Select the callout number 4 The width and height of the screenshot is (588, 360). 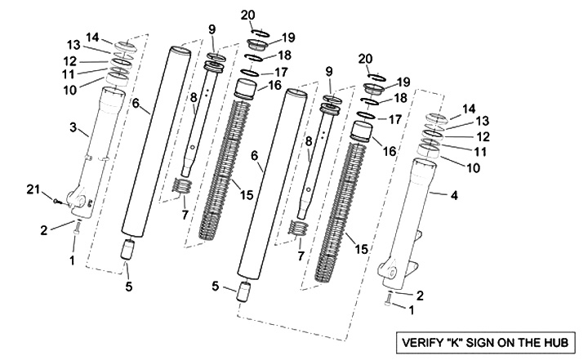(454, 195)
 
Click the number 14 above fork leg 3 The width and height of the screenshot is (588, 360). (93, 37)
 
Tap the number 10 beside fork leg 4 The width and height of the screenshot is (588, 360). (473, 167)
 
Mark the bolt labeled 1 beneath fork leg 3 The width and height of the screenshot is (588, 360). (76, 233)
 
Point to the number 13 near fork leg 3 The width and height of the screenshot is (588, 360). (73, 44)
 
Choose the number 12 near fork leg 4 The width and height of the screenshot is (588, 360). (483, 136)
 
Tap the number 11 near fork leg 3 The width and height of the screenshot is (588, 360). (69, 73)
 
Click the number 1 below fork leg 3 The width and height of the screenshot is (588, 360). (72, 261)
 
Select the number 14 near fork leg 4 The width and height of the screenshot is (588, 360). (468, 108)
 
